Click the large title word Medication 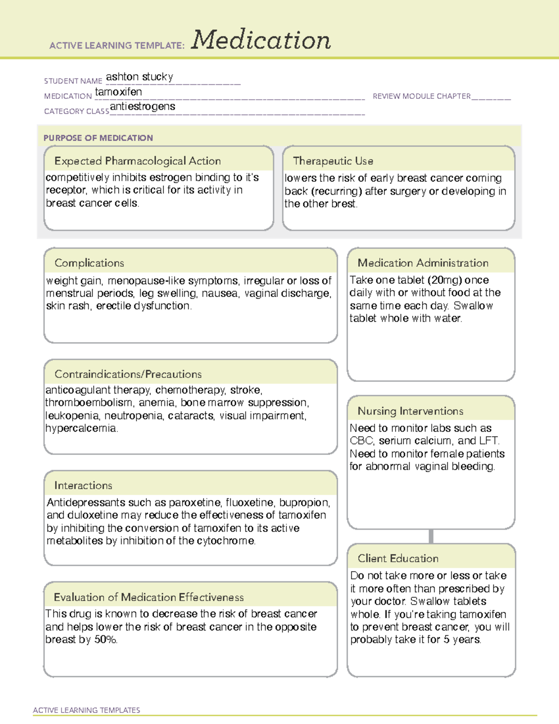click(261, 40)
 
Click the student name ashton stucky click(139, 76)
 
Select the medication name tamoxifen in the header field click(118, 92)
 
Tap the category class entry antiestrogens click(143, 106)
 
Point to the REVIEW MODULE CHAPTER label click(422, 96)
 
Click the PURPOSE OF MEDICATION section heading click(98, 138)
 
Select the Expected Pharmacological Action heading click(137, 161)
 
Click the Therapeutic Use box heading click(333, 161)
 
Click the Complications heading click(89, 263)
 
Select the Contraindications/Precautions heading click(128, 374)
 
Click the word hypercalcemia click(82, 428)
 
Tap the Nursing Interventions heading click(410, 411)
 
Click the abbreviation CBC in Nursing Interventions click(361, 441)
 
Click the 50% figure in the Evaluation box click(105, 640)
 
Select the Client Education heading click(398, 559)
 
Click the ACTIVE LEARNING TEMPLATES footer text click(86, 710)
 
